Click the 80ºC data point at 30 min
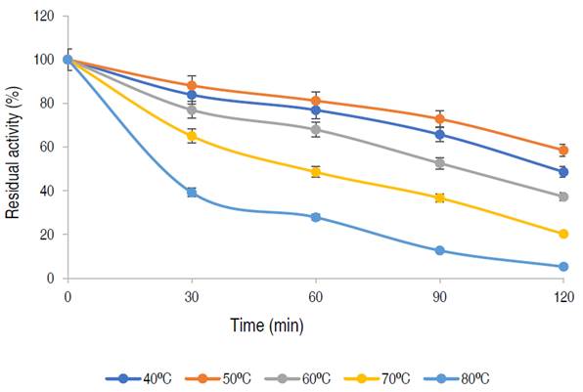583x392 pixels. [192, 193]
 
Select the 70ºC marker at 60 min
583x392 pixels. [316, 172]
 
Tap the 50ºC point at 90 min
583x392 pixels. [440, 119]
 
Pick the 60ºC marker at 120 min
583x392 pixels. [563, 196]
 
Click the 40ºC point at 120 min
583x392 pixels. [563, 172]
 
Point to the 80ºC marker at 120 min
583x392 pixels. [563, 267]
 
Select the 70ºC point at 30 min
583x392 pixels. [192, 136]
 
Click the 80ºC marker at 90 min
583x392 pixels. [440, 250]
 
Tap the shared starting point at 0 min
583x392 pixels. [67, 59]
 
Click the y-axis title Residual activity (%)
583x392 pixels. [13, 147]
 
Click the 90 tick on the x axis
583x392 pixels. [440, 295]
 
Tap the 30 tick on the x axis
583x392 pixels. [192, 295]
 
